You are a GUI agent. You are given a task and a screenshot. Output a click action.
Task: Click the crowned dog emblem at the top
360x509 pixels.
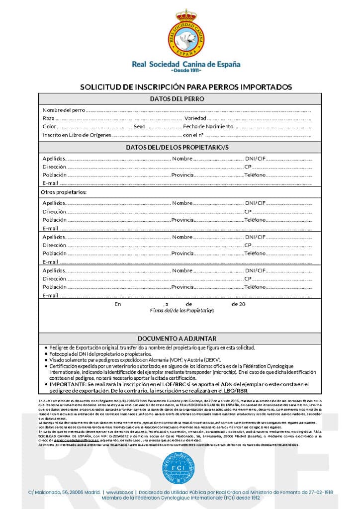click(x=185, y=33)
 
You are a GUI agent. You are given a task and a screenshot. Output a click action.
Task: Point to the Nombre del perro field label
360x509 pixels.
click(x=64, y=110)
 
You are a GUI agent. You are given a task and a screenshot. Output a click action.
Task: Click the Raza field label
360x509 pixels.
click(x=48, y=118)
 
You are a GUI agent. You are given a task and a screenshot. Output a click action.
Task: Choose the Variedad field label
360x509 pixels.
click(x=195, y=118)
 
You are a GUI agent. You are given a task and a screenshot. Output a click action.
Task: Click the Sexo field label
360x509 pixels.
click(x=139, y=127)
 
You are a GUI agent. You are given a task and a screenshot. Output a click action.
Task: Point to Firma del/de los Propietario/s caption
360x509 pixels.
click(x=182, y=310)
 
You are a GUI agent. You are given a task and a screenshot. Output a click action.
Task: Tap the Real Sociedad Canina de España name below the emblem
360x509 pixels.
click(x=185, y=64)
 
